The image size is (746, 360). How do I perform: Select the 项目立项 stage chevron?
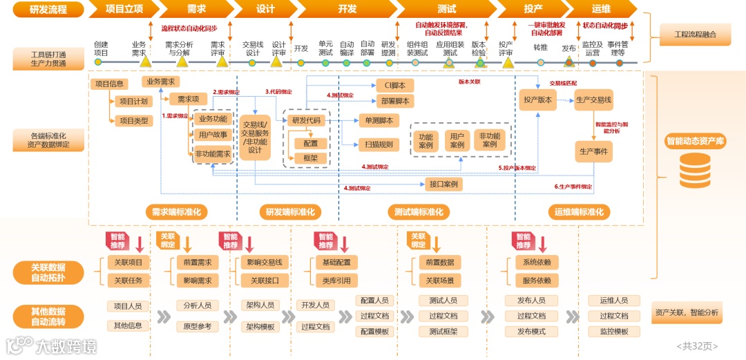(124, 9)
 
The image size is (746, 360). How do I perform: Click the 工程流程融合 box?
(695, 34)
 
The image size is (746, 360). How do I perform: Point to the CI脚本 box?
(395, 86)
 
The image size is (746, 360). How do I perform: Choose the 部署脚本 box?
(395, 101)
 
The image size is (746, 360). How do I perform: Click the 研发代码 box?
(306, 120)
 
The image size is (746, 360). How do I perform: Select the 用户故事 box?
(213, 135)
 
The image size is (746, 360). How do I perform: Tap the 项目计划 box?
(133, 101)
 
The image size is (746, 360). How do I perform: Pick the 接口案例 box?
(443, 184)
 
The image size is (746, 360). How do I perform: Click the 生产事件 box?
(593, 151)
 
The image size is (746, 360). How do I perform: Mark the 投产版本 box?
(537, 100)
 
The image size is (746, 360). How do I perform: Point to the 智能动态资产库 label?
(695, 141)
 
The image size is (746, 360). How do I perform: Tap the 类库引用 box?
(336, 281)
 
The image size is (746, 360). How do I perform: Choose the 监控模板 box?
(613, 332)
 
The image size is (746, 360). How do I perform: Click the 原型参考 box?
(198, 326)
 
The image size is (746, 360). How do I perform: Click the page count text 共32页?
(698, 345)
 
